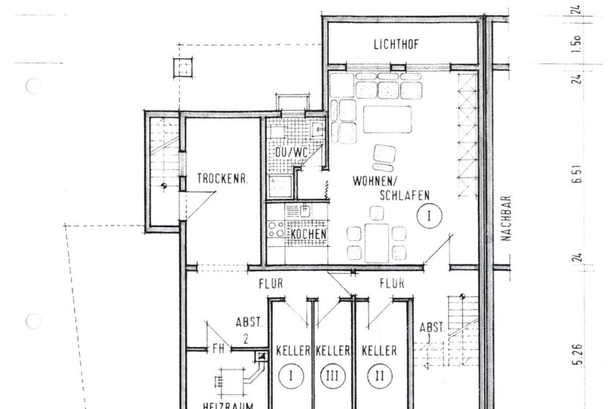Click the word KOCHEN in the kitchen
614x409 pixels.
308,234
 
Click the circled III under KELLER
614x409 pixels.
332,377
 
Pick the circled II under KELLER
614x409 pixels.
379,377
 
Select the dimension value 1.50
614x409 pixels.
577,45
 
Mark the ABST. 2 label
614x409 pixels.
246,328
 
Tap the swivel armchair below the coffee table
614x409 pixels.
384,155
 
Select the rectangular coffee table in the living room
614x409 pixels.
387,119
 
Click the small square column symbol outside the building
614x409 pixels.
180,68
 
